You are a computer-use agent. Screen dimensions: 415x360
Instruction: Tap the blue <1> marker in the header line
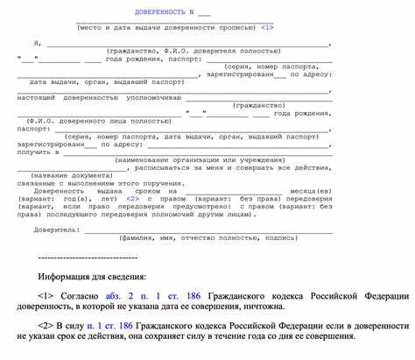click(x=267, y=27)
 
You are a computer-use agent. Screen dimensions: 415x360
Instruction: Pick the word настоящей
click(x=37, y=96)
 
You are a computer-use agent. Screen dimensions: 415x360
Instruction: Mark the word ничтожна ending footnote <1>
click(x=260, y=307)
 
